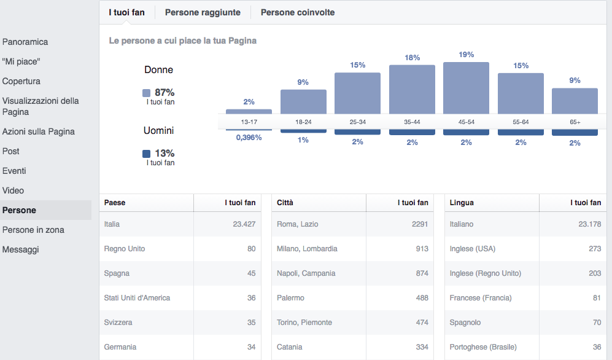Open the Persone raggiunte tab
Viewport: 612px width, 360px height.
[203, 12]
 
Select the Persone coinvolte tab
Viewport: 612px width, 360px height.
[298, 12]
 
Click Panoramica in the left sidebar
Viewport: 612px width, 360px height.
[25, 42]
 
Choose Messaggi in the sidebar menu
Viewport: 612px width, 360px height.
[20, 249]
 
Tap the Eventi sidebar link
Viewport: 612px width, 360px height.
[14, 171]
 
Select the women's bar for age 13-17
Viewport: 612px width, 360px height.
[249, 111]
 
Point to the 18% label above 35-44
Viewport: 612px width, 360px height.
[412, 58]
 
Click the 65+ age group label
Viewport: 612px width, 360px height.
[575, 122]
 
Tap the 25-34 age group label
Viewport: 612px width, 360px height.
[357, 122]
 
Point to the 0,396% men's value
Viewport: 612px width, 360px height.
[249, 138]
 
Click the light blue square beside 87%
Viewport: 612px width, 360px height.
[146, 93]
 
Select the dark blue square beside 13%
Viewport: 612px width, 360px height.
[146, 154]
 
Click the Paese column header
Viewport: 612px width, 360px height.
[115, 203]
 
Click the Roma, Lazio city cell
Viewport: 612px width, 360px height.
[298, 224]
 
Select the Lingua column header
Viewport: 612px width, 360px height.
[462, 203]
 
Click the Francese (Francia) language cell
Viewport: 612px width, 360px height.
[481, 298]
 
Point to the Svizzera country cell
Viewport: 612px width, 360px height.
[118, 323]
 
